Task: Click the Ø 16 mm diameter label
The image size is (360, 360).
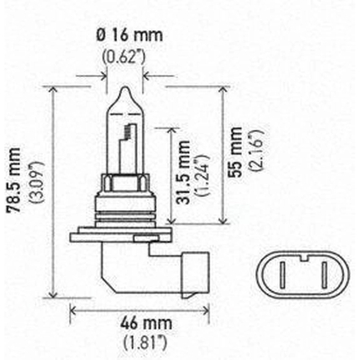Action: tap(130, 35)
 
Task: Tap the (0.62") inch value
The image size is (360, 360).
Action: tap(124, 57)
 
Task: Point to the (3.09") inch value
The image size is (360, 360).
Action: tap(36, 182)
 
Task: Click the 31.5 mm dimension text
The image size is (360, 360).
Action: tap(183, 172)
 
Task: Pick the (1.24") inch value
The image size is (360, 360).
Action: tap(202, 175)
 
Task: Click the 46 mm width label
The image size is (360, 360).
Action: tap(146, 323)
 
